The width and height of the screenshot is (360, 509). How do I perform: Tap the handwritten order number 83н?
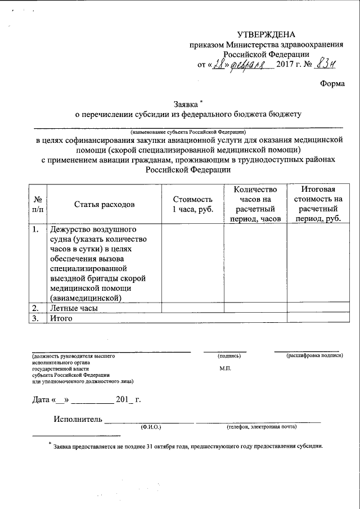(325, 64)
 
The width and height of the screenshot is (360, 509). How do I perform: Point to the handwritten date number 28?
(219, 64)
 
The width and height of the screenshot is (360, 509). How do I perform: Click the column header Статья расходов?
(104, 204)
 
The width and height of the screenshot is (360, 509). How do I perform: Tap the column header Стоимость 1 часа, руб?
(192, 204)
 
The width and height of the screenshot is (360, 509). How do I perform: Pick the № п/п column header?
(37, 204)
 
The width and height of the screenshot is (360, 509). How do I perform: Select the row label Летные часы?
(74, 308)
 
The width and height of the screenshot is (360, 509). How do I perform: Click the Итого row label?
(62, 318)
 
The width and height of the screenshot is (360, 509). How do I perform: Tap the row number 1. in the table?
(36, 229)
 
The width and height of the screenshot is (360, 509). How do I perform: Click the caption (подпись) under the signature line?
(229, 356)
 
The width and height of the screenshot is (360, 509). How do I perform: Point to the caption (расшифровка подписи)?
(314, 356)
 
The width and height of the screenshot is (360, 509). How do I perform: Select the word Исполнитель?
(78, 419)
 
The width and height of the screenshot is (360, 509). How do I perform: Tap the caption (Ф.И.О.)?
(151, 427)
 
